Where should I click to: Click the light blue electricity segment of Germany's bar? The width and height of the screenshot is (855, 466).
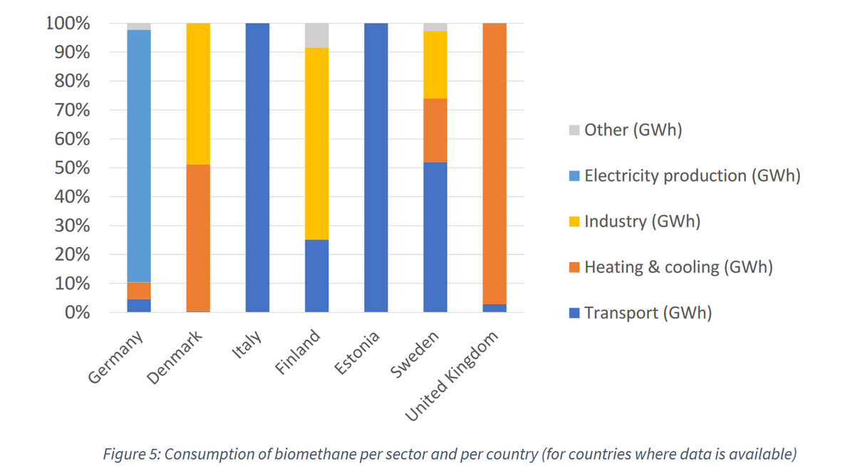coord(139,156)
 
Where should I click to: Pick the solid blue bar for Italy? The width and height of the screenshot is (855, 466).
coord(257,167)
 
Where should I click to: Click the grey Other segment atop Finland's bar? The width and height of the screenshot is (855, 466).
coord(316,35)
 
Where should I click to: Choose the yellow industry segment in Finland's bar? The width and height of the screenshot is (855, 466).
coord(316,143)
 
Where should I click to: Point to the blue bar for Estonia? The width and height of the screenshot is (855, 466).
coord(375,167)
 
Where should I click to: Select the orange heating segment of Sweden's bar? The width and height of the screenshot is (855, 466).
coord(435,130)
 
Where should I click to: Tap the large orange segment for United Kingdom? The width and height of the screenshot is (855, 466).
coord(494,163)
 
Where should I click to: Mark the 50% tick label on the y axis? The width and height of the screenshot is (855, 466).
coord(71,168)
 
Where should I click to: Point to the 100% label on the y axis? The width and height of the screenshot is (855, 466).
coord(68,24)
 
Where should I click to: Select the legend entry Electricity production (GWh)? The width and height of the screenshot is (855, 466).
coord(692,176)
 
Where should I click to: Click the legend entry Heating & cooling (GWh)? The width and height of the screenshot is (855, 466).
coord(678,267)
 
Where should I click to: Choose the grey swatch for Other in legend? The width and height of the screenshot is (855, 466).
coord(575,130)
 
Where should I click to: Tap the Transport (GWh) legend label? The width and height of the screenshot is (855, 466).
coord(648,313)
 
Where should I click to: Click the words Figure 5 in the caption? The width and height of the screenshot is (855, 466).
coord(130,454)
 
